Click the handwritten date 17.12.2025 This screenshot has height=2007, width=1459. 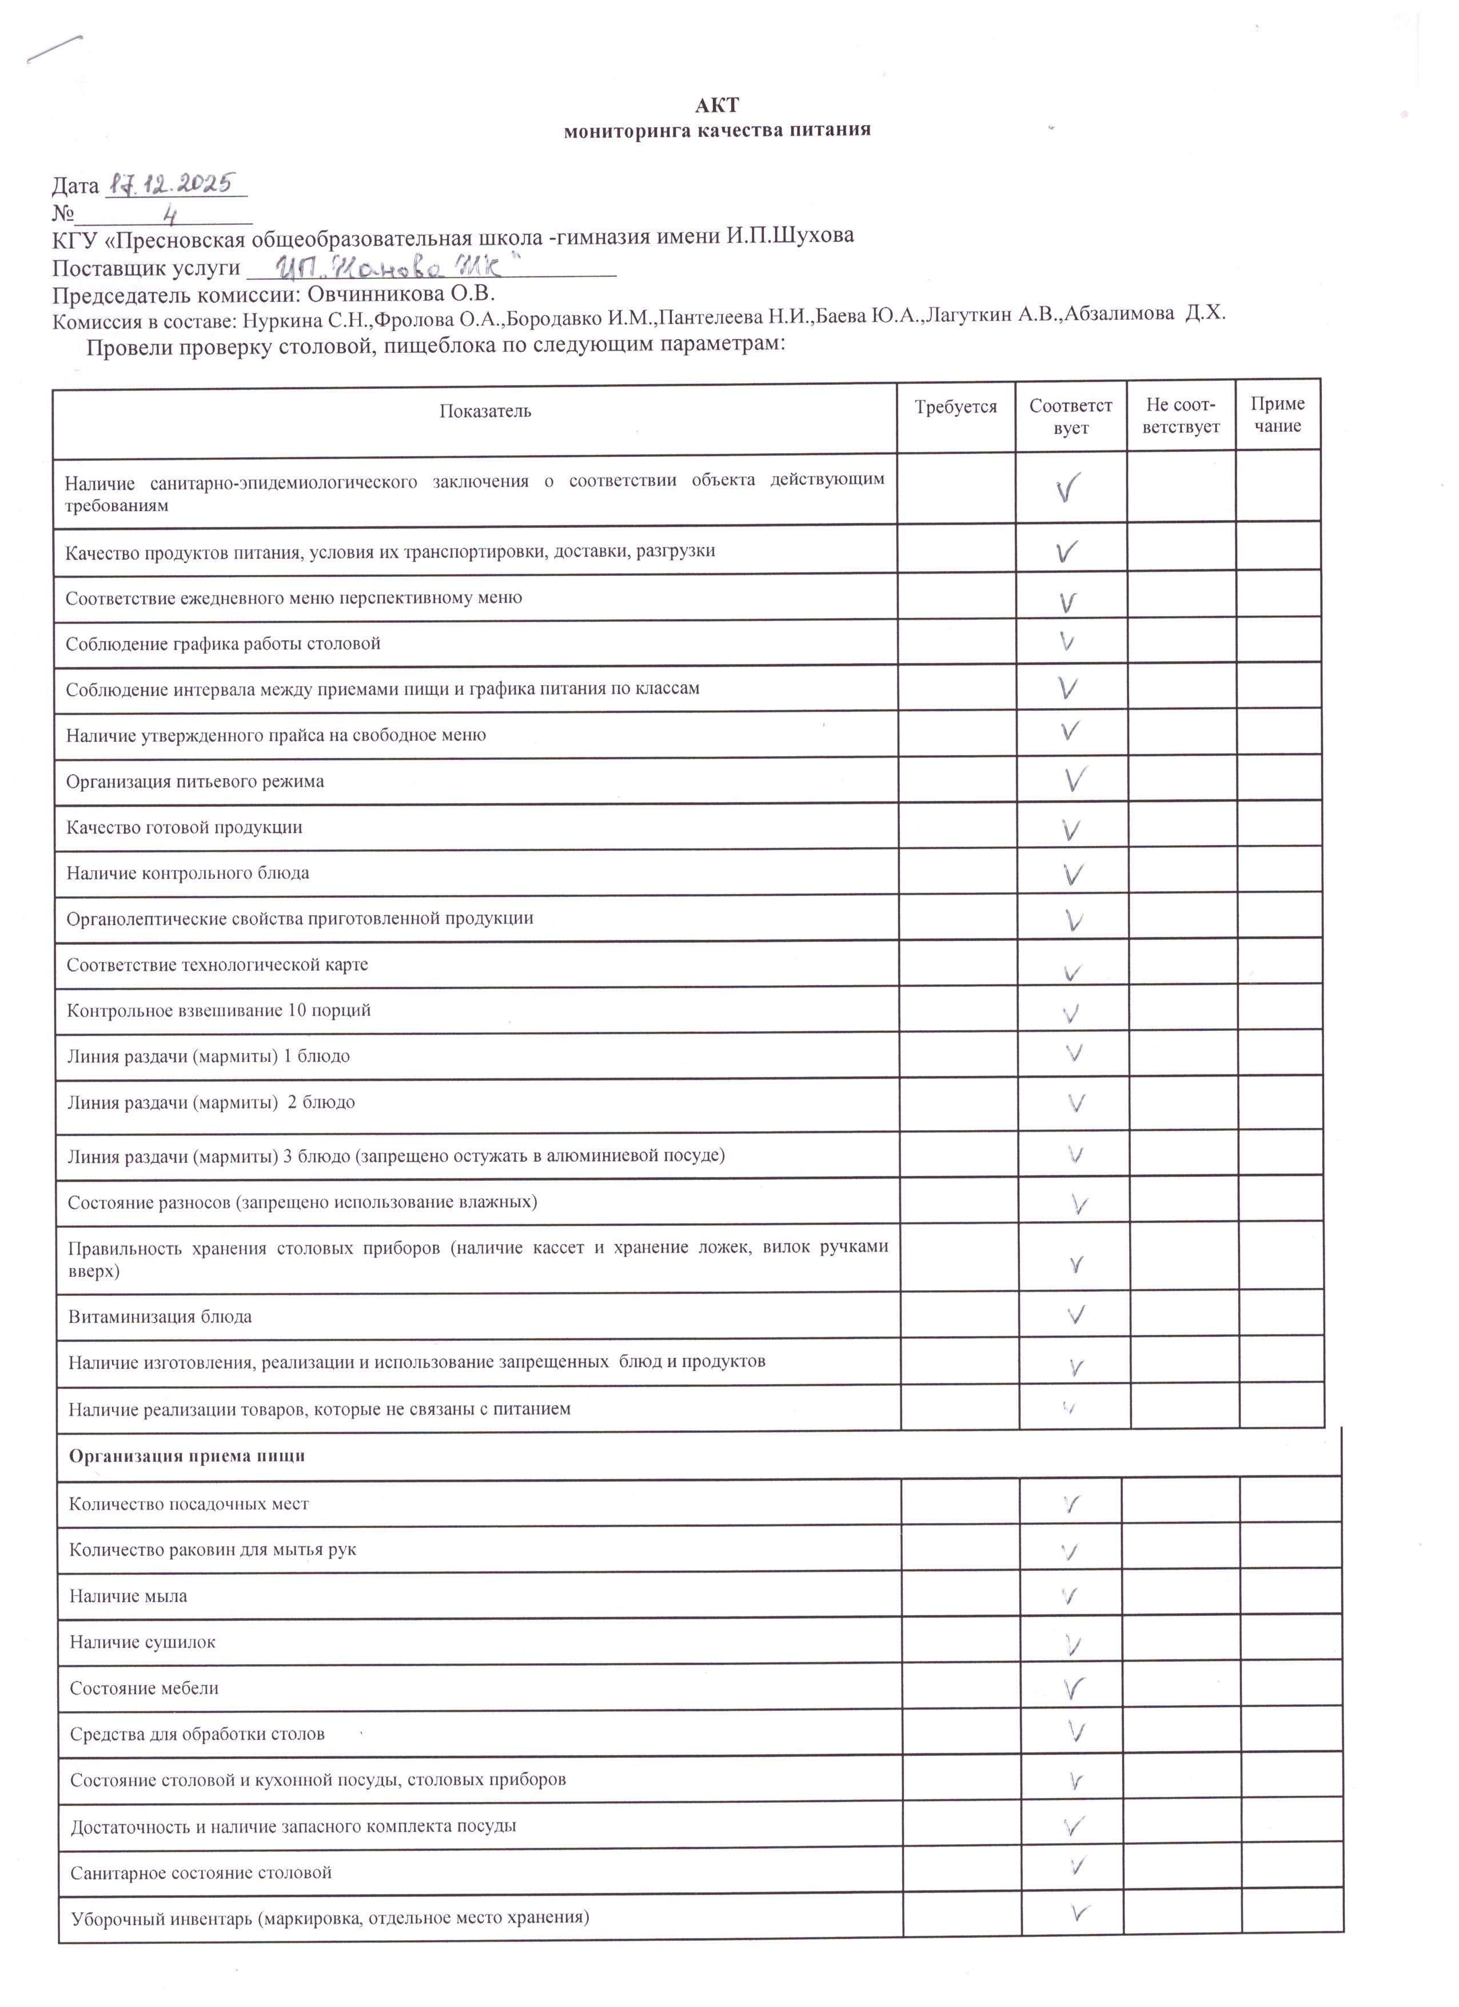[x=169, y=184]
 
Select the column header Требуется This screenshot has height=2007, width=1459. [x=955, y=407]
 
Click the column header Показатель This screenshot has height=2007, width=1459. [x=485, y=411]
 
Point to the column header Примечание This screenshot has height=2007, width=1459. [x=1277, y=414]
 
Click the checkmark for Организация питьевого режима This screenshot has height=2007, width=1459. [x=1075, y=779]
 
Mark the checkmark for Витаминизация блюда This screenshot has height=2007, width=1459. [x=1076, y=1315]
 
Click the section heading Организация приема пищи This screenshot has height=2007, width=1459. [x=187, y=1456]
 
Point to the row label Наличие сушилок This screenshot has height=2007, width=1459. [x=142, y=1642]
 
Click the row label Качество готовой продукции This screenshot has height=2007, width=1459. [x=184, y=827]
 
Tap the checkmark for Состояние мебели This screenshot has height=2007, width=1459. [x=1073, y=1689]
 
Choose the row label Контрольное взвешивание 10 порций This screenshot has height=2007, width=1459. [x=218, y=1010]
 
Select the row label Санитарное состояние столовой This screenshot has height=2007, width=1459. [x=201, y=1873]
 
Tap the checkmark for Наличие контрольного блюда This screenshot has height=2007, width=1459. [x=1073, y=874]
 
